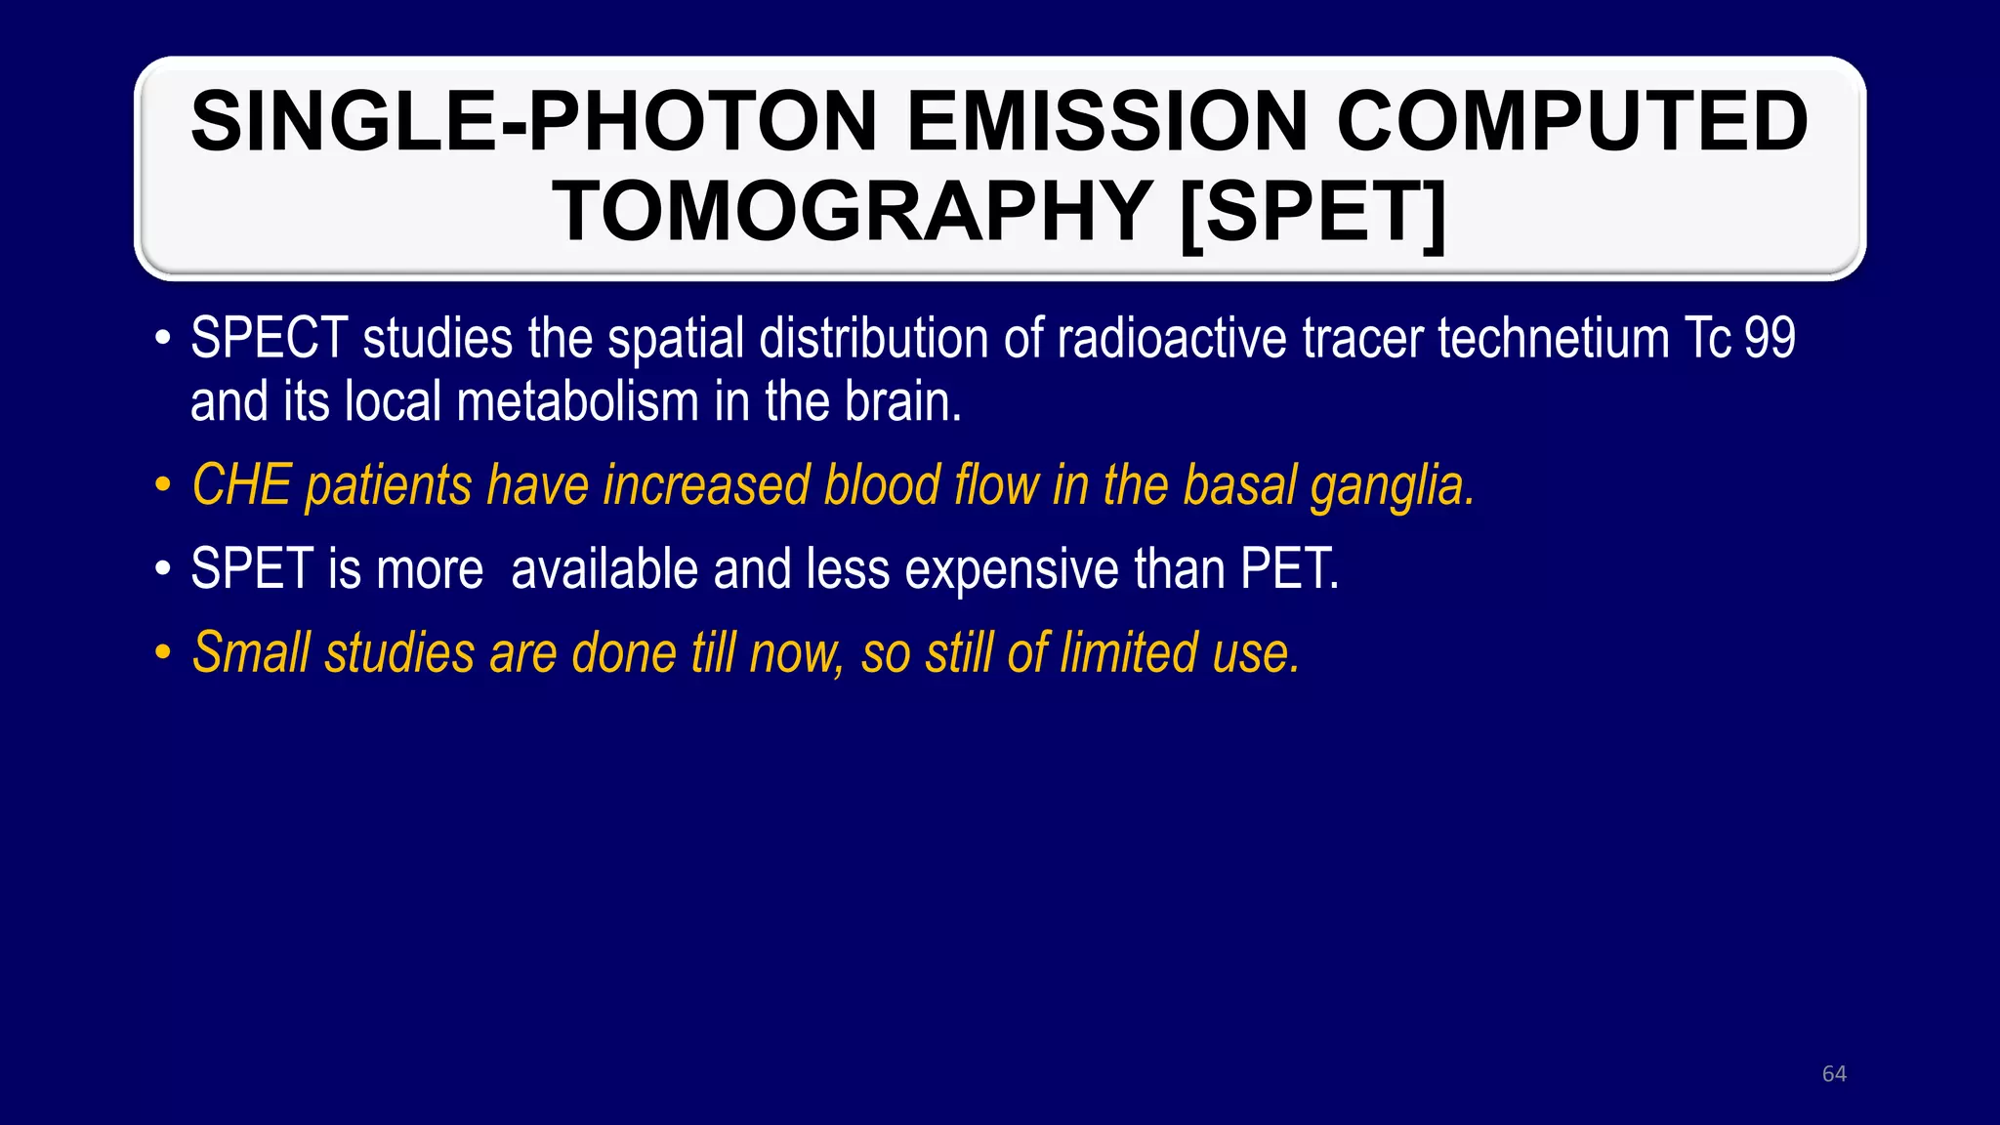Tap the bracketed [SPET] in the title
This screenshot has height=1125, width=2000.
pos(1312,212)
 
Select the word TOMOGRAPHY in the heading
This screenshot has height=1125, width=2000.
pos(853,212)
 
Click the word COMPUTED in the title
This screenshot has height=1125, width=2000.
pos(1572,122)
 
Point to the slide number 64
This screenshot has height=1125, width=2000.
pos(1834,1074)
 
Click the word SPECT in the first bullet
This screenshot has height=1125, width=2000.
pos(269,339)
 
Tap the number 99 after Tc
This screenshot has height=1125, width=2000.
pos(1770,339)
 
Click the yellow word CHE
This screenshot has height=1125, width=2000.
pos(241,485)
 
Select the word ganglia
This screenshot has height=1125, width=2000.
pos(1392,485)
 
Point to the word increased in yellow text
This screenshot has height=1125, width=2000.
pos(706,485)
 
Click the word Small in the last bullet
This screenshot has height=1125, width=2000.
pos(251,652)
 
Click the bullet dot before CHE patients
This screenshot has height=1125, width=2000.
pos(163,485)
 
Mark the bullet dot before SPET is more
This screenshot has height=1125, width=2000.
pos(163,569)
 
